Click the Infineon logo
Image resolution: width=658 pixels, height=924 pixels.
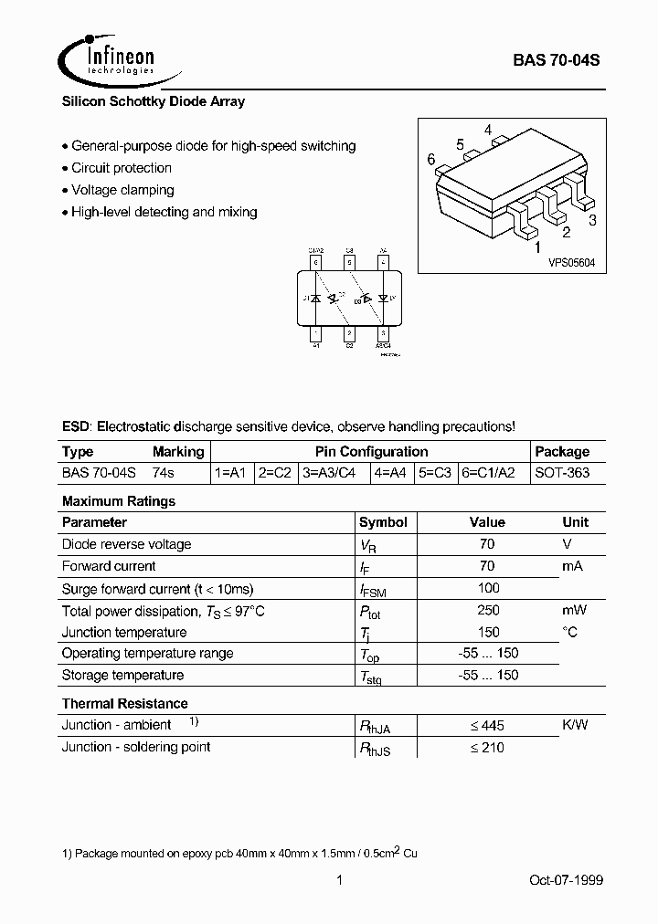(x=108, y=59)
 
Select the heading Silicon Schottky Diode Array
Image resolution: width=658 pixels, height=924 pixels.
(x=153, y=102)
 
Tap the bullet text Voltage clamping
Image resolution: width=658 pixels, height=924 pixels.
(x=122, y=190)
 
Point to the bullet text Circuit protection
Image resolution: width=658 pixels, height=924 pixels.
(x=121, y=168)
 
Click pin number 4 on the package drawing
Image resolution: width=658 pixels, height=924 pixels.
(x=489, y=129)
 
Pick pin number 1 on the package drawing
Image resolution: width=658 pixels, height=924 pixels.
(x=536, y=247)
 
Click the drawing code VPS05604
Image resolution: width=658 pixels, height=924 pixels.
(x=571, y=262)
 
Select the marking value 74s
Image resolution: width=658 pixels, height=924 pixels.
(x=163, y=473)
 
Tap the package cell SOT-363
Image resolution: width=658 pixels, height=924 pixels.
(x=562, y=473)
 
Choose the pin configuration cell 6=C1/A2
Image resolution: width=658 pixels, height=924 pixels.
(x=493, y=473)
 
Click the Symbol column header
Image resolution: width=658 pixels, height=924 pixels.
(x=383, y=522)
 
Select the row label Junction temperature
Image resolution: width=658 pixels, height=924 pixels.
(x=124, y=632)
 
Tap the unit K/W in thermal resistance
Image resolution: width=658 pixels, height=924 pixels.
(x=575, y=725)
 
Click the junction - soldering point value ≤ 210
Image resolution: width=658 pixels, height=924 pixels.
(x=487, y=747)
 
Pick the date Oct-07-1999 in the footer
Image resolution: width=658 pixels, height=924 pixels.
(x=566, y=880)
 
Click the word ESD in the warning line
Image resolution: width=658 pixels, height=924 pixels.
(x=76, y=426)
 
